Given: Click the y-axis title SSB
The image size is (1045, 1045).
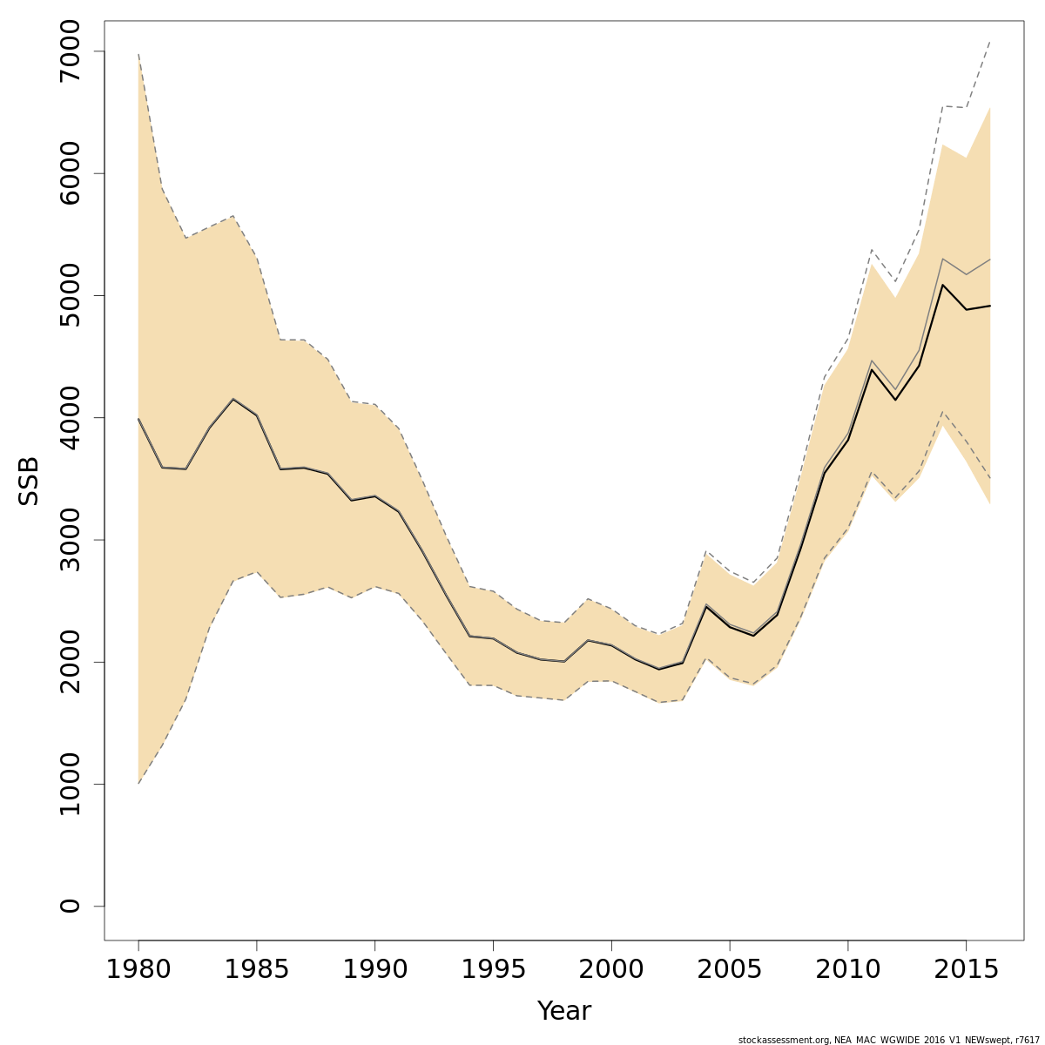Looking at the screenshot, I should [x=30, y=480].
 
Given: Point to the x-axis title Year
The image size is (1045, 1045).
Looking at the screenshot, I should [x=563, y=1011].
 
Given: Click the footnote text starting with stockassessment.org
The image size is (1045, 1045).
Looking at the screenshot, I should [x=887, y=1040].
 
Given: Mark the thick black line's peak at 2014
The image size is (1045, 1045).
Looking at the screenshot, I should [x=943, y=285].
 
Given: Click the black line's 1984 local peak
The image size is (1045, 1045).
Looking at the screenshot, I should [x=233, y=399].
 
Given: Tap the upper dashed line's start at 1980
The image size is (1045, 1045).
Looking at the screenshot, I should [x=138, y=54].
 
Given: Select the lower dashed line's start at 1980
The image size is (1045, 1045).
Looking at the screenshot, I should [x=138, y=783].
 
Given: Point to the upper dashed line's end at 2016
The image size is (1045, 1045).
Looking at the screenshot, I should [x=990, y=41].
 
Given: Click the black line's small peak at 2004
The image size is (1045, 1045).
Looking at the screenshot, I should [x=706, y=606].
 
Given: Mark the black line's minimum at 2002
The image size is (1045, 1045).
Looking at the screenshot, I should [x=659, y=669].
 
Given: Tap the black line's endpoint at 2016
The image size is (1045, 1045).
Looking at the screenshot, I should [x=990, y=306].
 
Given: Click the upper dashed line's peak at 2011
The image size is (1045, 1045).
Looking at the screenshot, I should [x=872, y=250].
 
